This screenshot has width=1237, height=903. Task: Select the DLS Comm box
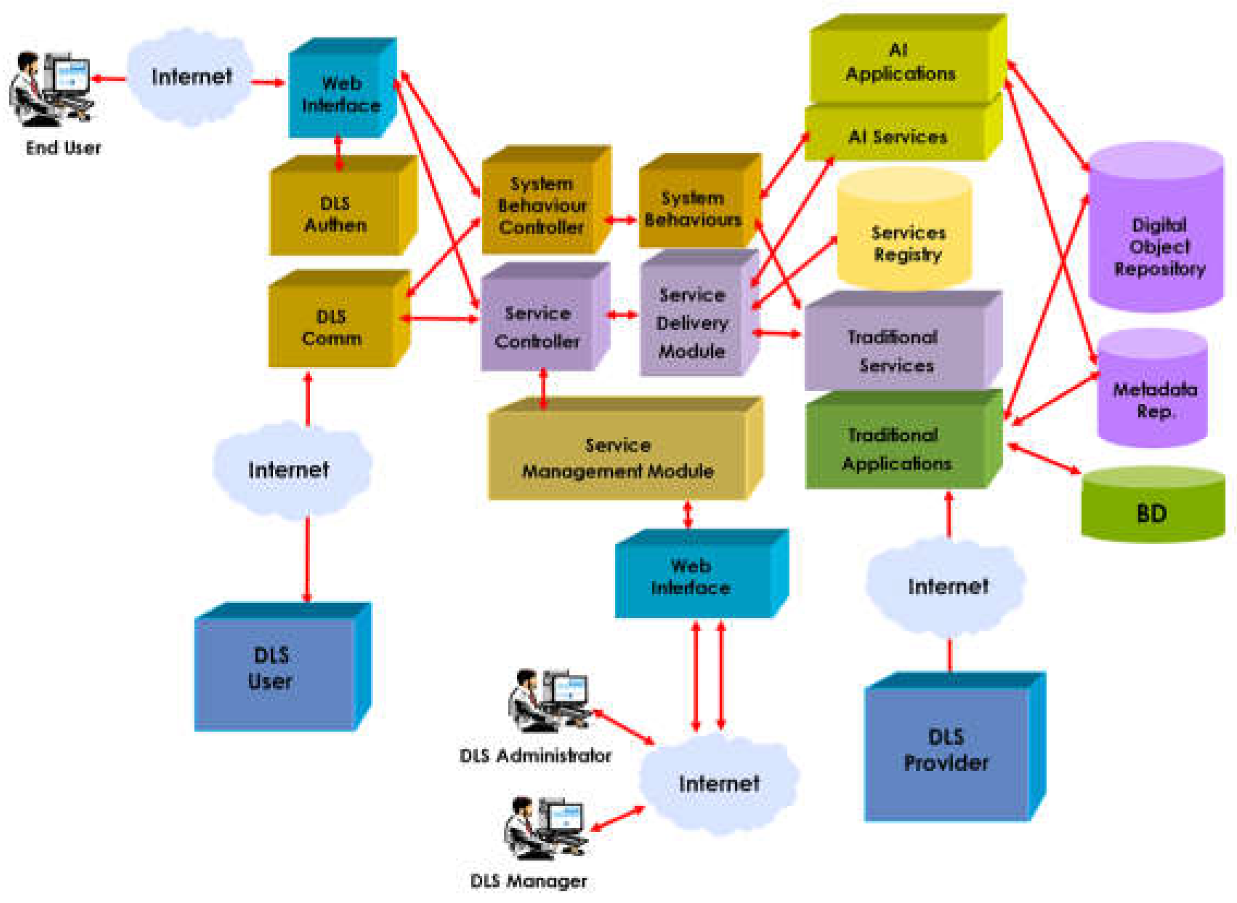tap(331, 327)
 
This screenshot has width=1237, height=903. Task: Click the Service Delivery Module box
tap(691, 323)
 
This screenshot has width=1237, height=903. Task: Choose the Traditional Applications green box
tap(897, 448)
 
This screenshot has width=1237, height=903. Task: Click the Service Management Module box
tap(618, 458)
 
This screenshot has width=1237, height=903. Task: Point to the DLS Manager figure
tap(544, 828)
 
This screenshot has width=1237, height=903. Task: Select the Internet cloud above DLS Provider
tap(947, 586)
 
